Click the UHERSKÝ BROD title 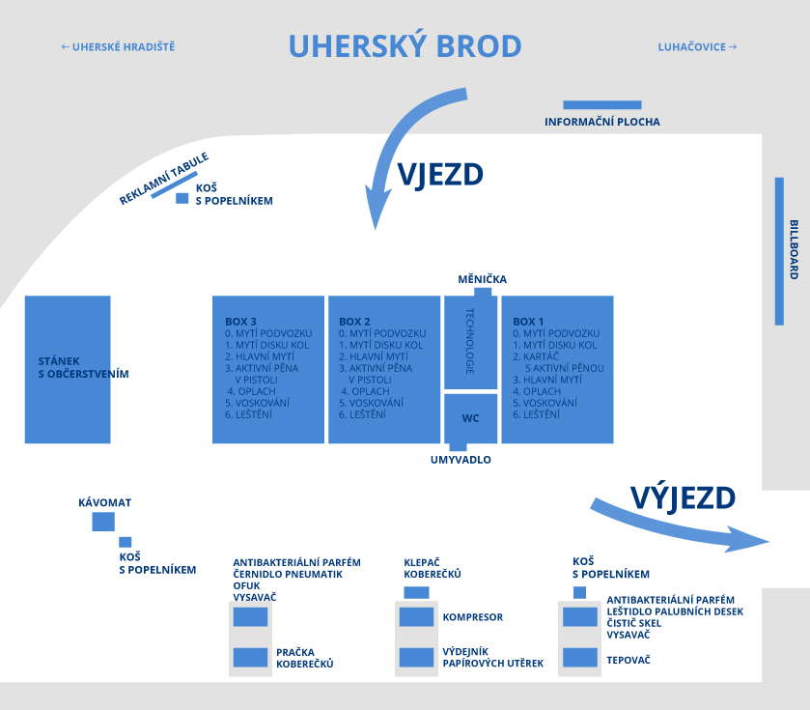point(405,46)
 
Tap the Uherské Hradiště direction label point(119,47)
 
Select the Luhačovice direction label point(697,47)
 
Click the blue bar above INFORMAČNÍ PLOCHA point(602,105)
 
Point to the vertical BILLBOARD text point(794,249)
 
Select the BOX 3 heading point(240,322)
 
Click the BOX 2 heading point(354,322)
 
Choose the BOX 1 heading point(528,322)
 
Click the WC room point(470,418)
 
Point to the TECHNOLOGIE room point(470,342)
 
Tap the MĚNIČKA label point(483,279)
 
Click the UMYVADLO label point(461,460)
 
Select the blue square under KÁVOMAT point(103,522)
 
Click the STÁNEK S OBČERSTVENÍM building point(68,369)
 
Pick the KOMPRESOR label point(473,617)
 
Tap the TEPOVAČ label point(628,660)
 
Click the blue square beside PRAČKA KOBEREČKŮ point(251,657)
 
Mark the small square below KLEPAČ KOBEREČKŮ point(416,592)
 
